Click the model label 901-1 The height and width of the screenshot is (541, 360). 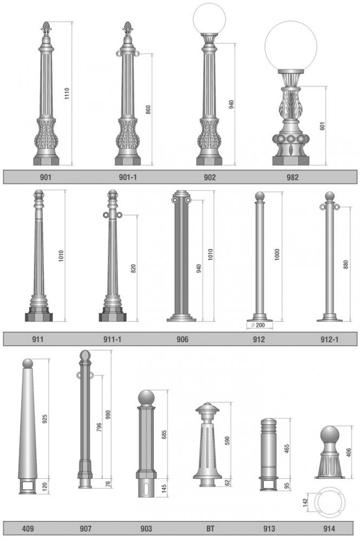128,177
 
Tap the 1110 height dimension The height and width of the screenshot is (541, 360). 67,94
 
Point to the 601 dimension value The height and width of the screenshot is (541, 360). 323,126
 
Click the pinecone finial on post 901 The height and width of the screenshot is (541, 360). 46,28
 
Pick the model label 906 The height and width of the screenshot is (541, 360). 182,340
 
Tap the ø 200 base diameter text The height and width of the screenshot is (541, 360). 258,325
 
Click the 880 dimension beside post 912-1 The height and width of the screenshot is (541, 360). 346,265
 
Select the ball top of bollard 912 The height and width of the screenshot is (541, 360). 259,196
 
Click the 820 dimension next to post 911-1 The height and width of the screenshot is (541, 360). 133,268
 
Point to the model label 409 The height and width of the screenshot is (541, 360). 28,529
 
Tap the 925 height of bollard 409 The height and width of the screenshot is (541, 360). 44,419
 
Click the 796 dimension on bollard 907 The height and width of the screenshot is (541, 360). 99,428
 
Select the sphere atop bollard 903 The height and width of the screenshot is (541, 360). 147,398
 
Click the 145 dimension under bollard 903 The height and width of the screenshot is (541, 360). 164,488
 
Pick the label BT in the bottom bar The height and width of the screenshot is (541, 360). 210,529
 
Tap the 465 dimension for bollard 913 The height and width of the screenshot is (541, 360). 286,448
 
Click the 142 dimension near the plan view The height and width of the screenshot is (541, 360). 305,503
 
